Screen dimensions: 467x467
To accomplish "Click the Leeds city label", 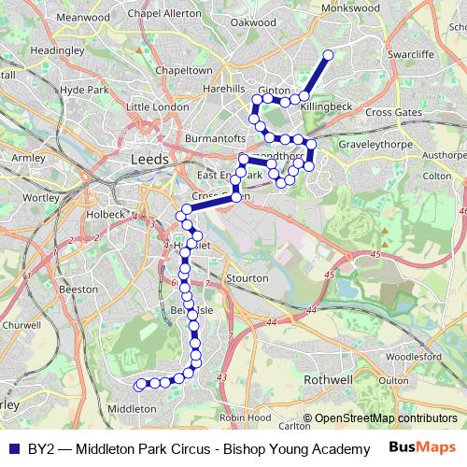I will pos(150,160).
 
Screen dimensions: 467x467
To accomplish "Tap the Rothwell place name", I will pos(329,380).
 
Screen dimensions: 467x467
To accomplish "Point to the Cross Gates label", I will pos(390,112).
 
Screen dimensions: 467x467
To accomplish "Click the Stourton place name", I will pos(247,277).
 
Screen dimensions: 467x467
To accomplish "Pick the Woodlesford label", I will pos(412,356).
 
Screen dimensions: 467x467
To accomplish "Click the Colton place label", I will pos(437,175).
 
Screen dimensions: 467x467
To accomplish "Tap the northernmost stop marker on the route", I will pos(328,55).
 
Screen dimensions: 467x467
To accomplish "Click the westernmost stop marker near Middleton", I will pos(140,384).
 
